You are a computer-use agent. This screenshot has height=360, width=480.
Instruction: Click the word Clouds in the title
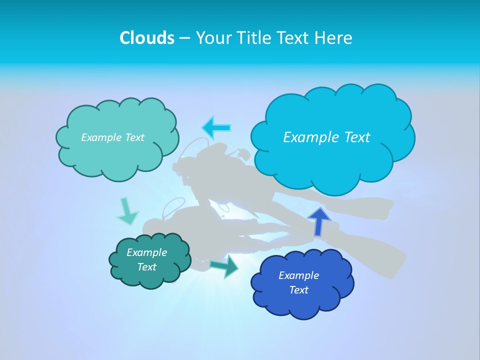click(147, 38)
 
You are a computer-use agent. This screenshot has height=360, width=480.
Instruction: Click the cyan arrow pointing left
click(216, 127)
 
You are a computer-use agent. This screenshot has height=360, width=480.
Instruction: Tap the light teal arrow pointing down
click(127, 212)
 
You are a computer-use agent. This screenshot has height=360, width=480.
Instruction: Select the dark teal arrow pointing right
click(224, 266)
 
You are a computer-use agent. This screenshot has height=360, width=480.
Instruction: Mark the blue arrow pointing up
click(318, 220)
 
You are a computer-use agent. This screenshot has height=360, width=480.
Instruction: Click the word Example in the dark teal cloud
click(146, 252)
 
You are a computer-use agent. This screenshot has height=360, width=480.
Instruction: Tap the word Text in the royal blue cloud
click(299, 290)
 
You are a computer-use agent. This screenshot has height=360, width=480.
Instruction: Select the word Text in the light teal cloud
click(134, 137)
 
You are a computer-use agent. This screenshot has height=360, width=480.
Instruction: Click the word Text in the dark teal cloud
click(146, 267)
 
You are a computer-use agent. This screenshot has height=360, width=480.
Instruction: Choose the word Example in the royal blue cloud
click(298, 275)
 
